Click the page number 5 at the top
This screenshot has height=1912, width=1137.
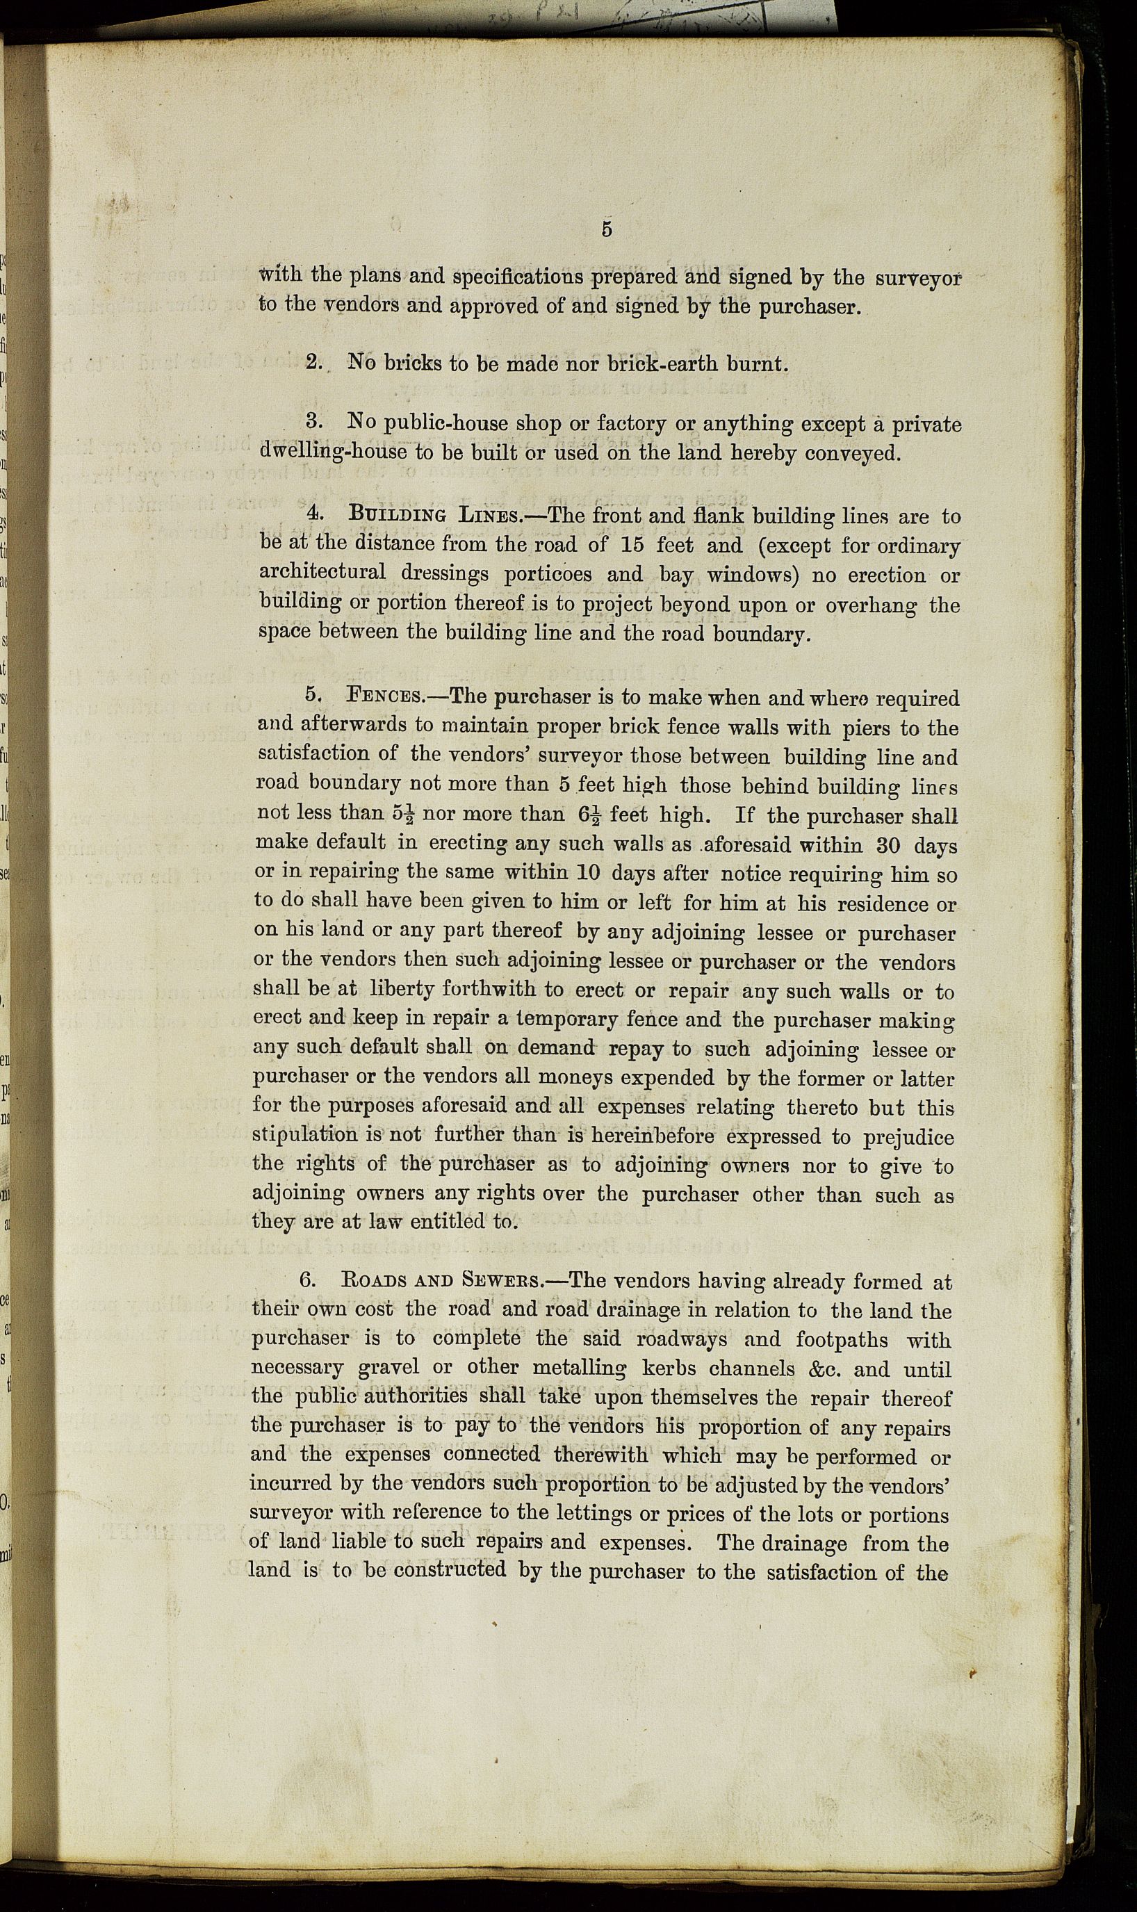coord(606,230)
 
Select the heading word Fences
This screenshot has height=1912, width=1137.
coord(384,697)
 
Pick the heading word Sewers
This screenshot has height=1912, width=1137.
coord(502,1281)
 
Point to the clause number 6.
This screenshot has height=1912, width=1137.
coord(307,1281)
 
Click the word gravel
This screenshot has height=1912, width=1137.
coord(389,1368)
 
